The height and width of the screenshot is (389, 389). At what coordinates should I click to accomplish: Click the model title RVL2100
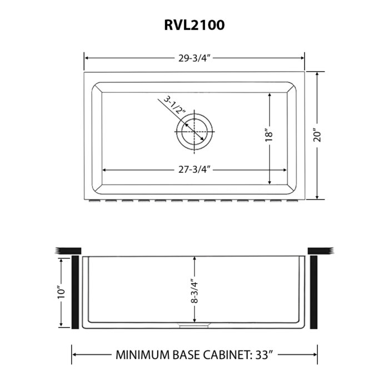click(x=194, y=26)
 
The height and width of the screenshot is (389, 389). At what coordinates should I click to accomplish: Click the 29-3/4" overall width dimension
click(x=194, y=58)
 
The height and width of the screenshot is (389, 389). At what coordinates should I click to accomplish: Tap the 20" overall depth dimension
click(x=317, y=135)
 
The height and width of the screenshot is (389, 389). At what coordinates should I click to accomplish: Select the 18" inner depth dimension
click(x=269, y=135)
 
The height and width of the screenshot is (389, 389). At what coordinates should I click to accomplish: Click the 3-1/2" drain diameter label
click(x=174, y=106)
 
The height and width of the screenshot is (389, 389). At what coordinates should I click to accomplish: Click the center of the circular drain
click(x=194, y=131)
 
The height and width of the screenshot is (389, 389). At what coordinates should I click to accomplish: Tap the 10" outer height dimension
click(x=62, y=292)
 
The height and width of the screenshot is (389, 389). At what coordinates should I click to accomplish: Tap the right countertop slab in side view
click(x=320, y=251)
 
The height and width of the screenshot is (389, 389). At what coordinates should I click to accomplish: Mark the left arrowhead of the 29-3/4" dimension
click(x=86, y=58)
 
